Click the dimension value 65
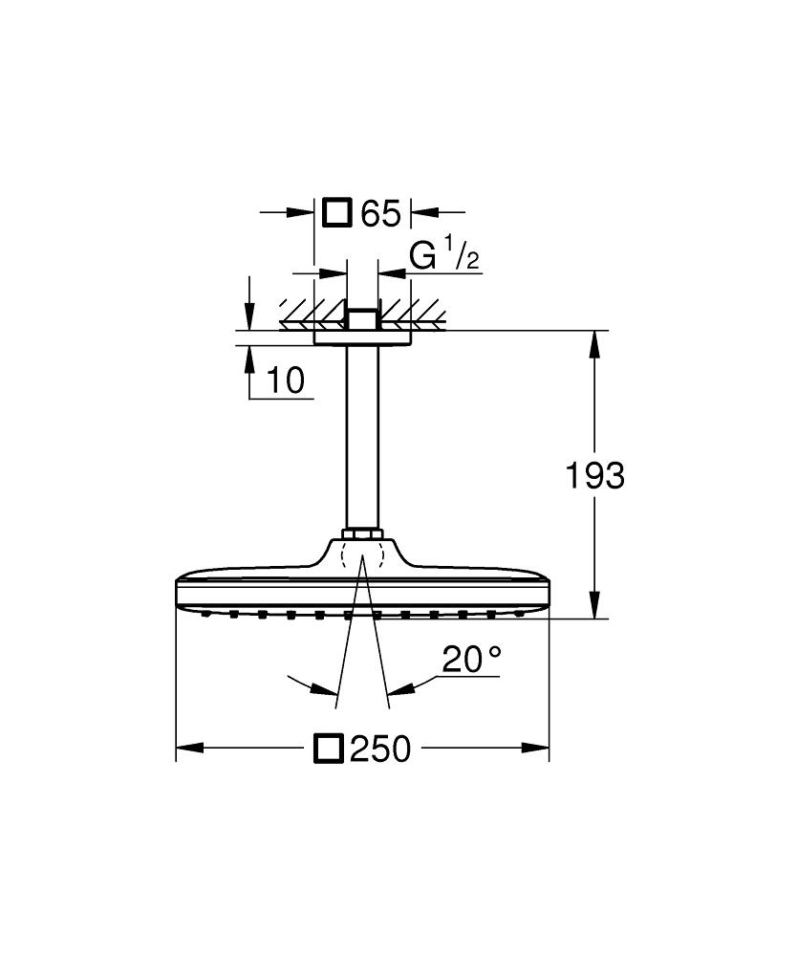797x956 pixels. click(380, 213)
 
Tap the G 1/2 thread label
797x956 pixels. click(443, 258)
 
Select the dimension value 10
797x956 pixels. click(286, 380)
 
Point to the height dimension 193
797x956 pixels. click(593, 475)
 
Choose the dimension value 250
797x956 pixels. click(379, 749)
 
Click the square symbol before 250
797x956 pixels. click(328, 749)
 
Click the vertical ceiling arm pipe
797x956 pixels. click(362, 430)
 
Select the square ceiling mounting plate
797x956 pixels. click(362, 336)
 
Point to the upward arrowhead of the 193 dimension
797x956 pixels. click(595, 344)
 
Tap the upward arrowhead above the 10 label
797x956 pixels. click(249, 357)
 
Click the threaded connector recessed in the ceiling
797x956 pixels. click(362, 318)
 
